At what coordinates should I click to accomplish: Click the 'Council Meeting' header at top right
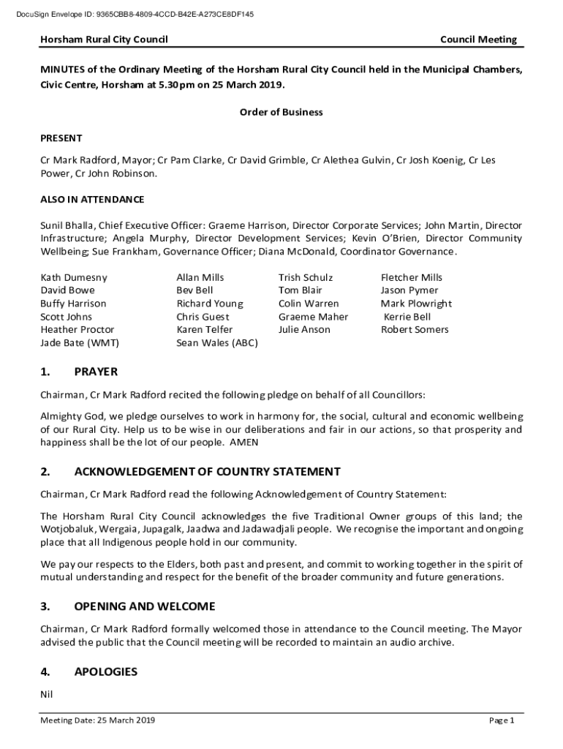(478, 39)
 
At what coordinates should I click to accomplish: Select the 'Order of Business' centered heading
(281, 113)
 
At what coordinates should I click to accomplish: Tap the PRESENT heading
(61, 138)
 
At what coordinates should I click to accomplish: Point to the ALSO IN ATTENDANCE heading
(92, 200)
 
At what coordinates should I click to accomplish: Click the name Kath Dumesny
(74, 277)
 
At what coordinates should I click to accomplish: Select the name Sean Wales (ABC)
(216, 342)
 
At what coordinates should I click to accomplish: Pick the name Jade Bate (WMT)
(80, 342)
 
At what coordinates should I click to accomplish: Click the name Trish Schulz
(306, 277)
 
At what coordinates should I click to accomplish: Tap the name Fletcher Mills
(412, 277)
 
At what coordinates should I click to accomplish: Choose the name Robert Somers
(415, 329)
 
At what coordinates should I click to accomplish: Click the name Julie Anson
(304, 329)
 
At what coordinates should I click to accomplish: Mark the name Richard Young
(210, 304)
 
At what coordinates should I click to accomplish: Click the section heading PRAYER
(96, 372)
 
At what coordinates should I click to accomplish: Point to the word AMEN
(244, 443)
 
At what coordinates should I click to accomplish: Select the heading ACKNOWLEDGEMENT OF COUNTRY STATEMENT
(207, 472)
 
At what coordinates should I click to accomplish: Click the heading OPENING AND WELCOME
(145, 606)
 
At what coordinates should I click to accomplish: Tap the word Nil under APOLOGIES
(47, 694)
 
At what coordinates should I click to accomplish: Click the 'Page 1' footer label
(502, 720)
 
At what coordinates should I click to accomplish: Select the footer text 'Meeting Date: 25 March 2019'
(97, 720)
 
